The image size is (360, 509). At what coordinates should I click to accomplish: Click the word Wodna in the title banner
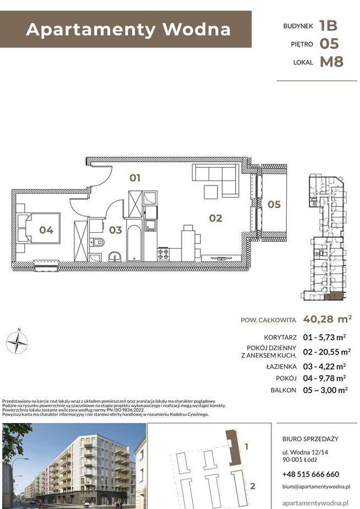pyautogui.click(x=197, y=29)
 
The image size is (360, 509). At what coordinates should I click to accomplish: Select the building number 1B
pyautogui.click(x=328, y=26)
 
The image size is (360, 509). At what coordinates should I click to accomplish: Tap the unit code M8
pyautogui.click(x=331, y=62)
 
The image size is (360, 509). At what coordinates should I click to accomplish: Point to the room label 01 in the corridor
pyautogui.click(x=135, y=178)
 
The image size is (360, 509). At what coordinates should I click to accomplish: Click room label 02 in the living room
pyautogui.click(x=216, y=218)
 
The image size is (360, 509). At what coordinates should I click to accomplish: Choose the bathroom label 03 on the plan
pyautogui.click(x=115, y=230)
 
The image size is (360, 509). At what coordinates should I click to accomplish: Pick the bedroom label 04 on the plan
pyautogui.click(x=46, y=230)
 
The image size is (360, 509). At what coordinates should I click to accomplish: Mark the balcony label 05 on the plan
pyautogui.click(x=274, y=205)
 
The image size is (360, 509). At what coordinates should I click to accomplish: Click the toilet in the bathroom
pyautogui.click(x=97, y=242)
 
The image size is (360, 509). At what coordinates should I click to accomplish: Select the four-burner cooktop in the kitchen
pyautogui.click(x=163, y=254)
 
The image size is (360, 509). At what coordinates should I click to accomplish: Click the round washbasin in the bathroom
pyautogui.click(x=114, y=256)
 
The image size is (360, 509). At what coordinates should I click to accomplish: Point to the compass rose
pyautogui.click(x=17, y=342)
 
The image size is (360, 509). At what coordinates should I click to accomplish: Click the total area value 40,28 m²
pyautogui.click(x=327, y=319)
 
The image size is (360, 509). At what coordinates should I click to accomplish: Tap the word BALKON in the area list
pyautogui.click(x=283, y=390)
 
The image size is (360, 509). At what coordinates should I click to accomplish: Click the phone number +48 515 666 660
pyautogui.click(x=310, y=474)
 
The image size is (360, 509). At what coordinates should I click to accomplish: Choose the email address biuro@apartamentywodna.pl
pyautogui.click(x=316, y=487)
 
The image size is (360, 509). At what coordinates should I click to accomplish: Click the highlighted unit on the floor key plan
pyautogui.click(x=334, y=296)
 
